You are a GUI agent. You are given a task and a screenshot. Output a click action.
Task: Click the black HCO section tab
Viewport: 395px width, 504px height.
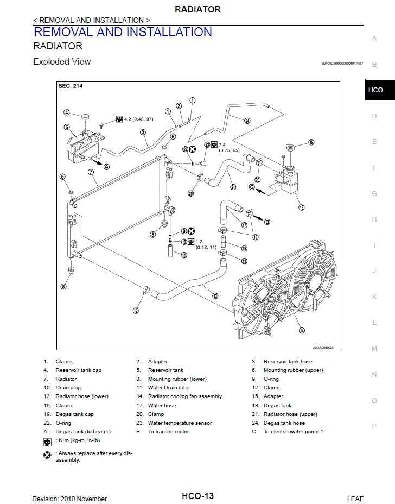coord(375,90)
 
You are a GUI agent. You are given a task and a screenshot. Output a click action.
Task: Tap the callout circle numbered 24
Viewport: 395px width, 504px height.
coord(247,121)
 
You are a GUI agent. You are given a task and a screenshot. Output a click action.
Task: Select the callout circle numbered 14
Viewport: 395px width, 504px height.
coord(302,330)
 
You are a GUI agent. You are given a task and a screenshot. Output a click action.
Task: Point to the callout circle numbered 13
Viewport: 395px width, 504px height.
coord(215,296)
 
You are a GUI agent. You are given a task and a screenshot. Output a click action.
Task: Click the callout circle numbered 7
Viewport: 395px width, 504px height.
coord(91,172)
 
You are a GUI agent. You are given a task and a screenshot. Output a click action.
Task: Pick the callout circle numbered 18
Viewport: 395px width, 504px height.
coord(302,207)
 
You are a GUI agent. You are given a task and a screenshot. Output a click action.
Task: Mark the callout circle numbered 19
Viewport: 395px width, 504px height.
coord(311,143)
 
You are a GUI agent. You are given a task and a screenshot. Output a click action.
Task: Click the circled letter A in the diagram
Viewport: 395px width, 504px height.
coord(106,167)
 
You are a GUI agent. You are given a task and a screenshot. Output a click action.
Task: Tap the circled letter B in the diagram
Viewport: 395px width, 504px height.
coord(267,221)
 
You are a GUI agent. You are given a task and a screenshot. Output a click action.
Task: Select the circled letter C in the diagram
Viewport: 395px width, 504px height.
coord(252,187)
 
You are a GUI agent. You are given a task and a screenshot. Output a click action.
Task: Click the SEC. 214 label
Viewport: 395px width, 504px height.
coord(70,86)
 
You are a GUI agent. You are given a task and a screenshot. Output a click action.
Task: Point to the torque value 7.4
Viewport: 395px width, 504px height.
coord(222,144)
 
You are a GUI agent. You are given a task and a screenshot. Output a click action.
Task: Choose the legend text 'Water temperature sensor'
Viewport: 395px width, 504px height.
coord(180,423)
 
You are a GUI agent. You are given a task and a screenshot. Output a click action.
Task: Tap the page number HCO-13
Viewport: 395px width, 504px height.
coord(197,496)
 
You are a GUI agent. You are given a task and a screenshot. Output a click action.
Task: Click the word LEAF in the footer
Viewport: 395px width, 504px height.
coord(355,499)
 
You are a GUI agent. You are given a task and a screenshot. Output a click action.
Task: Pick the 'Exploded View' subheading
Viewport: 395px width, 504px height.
coord(62,62)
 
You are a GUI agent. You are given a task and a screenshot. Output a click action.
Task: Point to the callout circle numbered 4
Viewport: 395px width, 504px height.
coord(66,113)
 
